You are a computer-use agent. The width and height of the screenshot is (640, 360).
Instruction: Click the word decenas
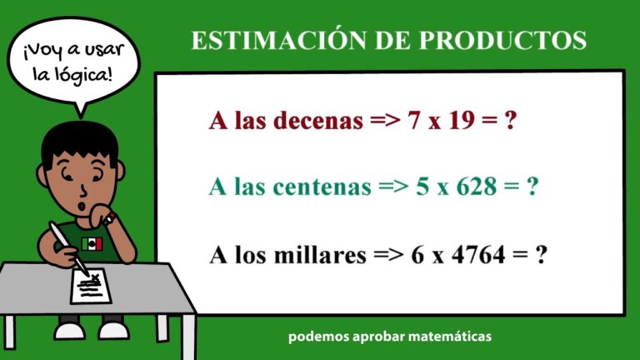pos(314,121)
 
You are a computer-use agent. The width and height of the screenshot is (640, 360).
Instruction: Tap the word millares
pos(321,254)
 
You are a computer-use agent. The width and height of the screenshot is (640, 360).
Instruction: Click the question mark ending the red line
pos(511,121)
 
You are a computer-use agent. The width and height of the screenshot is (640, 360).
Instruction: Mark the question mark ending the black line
pos(541,254)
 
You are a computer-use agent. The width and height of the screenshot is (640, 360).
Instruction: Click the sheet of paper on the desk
pos(91,287)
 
